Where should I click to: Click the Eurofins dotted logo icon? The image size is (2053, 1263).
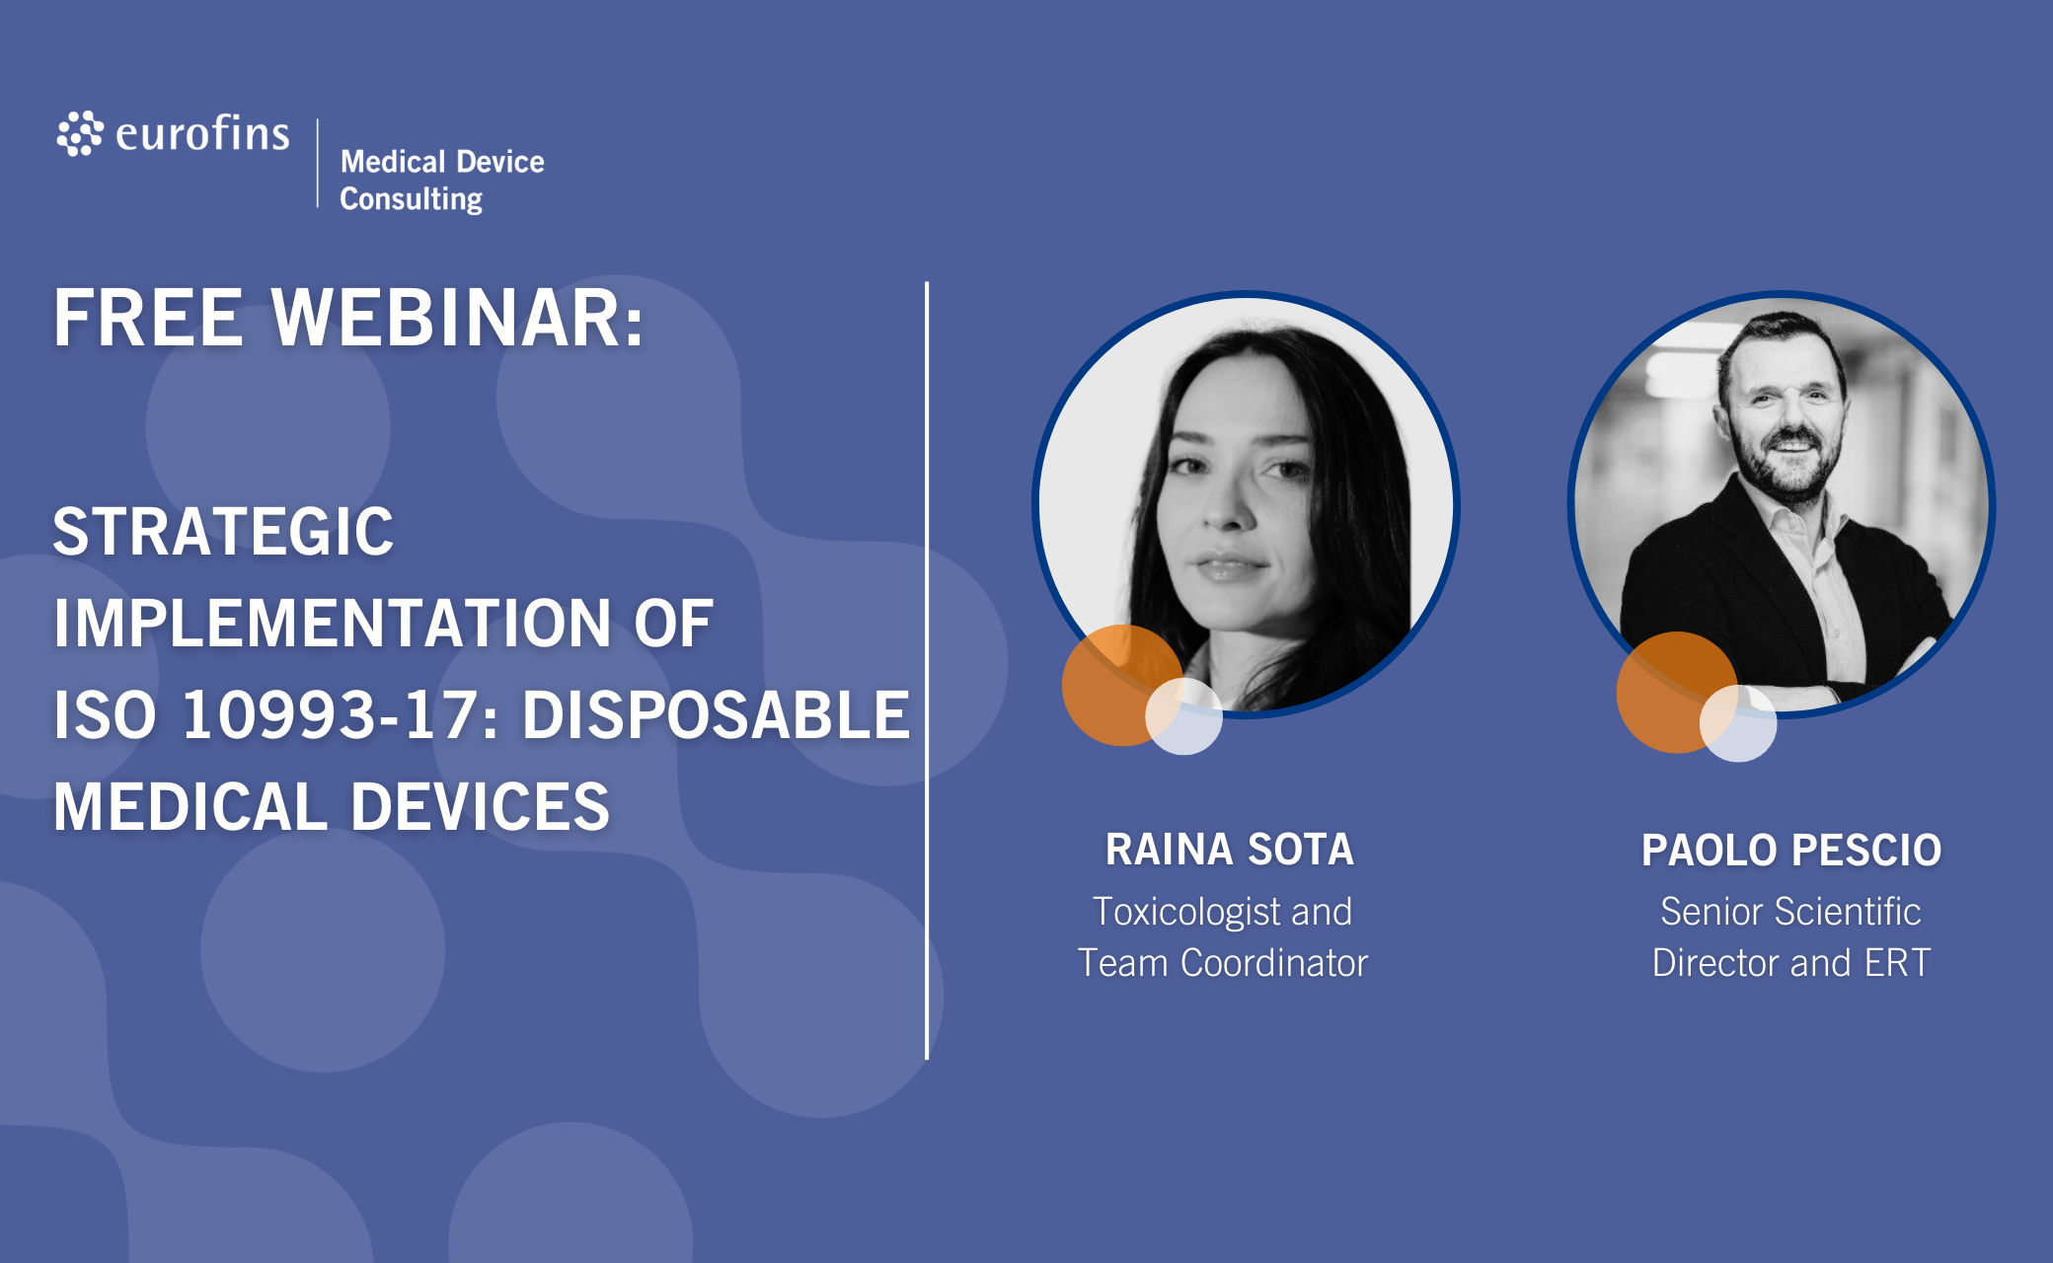pyautogui.click(x=80, y=133)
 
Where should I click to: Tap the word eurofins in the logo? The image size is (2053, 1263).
pyautogui.click(x=202, y=133)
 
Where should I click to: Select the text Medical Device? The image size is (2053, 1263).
pyautogui.click(x=442, y=161)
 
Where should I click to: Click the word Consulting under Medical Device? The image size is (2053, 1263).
pyautogui.click(x=412, y=199)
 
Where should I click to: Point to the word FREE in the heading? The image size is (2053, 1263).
pyautogui.click(x=148, y=318)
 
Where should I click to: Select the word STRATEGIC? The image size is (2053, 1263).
pyautogui.click(x=223, y=532)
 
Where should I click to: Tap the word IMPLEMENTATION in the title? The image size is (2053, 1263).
pyautogui.click(x=333, y=624)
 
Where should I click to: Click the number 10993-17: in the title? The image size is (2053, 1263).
pyautogui.click(x=341, y=714)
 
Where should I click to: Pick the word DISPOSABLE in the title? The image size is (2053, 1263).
pyautogui.click(x=716, y=714)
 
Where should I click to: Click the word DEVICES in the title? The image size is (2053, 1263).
pyautogui.click(x=481, y=806)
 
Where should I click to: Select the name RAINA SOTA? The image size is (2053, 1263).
pyautogui.click(x=1229, y=850)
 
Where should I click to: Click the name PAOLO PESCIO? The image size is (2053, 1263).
pyautogui.click(x=1791, y=851)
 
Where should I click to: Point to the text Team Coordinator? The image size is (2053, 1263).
pyautogui.click(x=1223, y=963)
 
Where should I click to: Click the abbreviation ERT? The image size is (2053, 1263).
pyautogui.click(x=1897, y=963)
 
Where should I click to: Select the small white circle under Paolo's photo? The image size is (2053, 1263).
pyautogui.click(x=1738, y=723)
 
